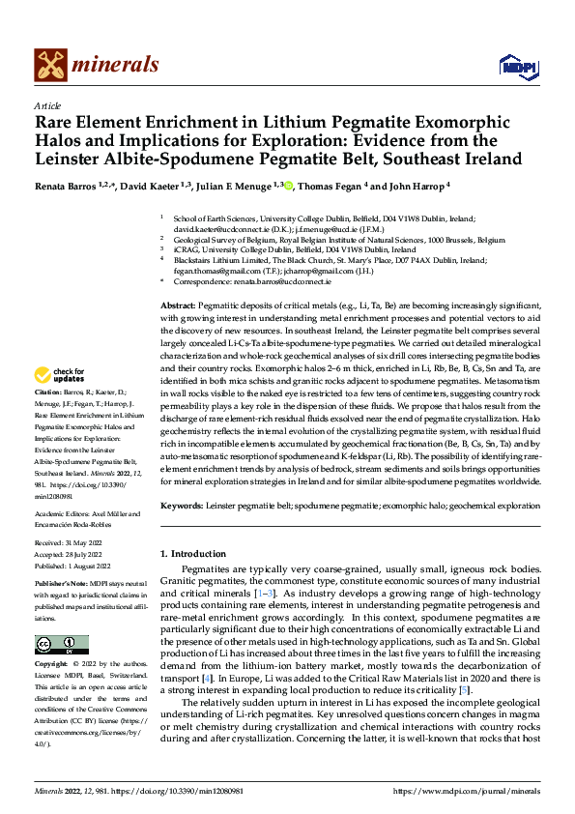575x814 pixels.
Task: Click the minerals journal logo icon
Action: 50,65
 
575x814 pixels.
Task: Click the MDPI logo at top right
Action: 516,65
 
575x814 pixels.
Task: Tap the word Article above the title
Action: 47,105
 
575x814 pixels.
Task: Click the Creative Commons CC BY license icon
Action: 62,644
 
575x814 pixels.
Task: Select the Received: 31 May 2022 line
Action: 72,544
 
